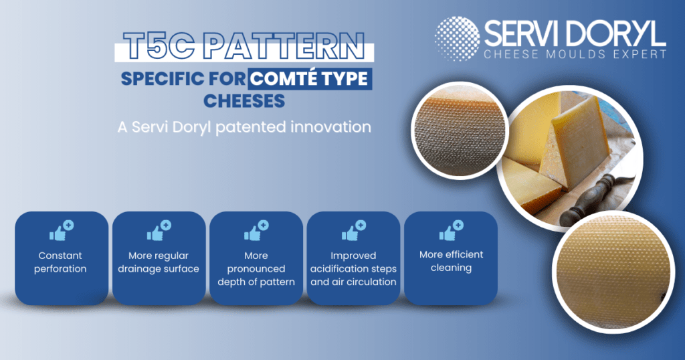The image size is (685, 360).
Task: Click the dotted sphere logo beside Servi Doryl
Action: (x=458, y=38)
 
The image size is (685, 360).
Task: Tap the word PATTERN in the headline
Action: (x=284, y=46)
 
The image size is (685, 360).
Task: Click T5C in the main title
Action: (x=161, y=46)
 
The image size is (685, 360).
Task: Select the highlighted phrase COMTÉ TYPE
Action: (x=309, y=79)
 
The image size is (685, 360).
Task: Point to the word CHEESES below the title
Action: (x=244, y=101)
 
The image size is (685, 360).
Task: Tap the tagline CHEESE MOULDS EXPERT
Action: (x=575, y=54)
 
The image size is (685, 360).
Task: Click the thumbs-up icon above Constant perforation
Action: (x=62, y=230)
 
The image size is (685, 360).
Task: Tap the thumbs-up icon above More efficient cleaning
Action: (x=452, y=230)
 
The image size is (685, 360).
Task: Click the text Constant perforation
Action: (x=60, y=262)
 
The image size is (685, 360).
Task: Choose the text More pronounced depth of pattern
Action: (x=256, y=269)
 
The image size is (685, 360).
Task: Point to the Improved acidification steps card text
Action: (x=353, y=269)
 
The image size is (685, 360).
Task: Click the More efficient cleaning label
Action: (x=452, y=261)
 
